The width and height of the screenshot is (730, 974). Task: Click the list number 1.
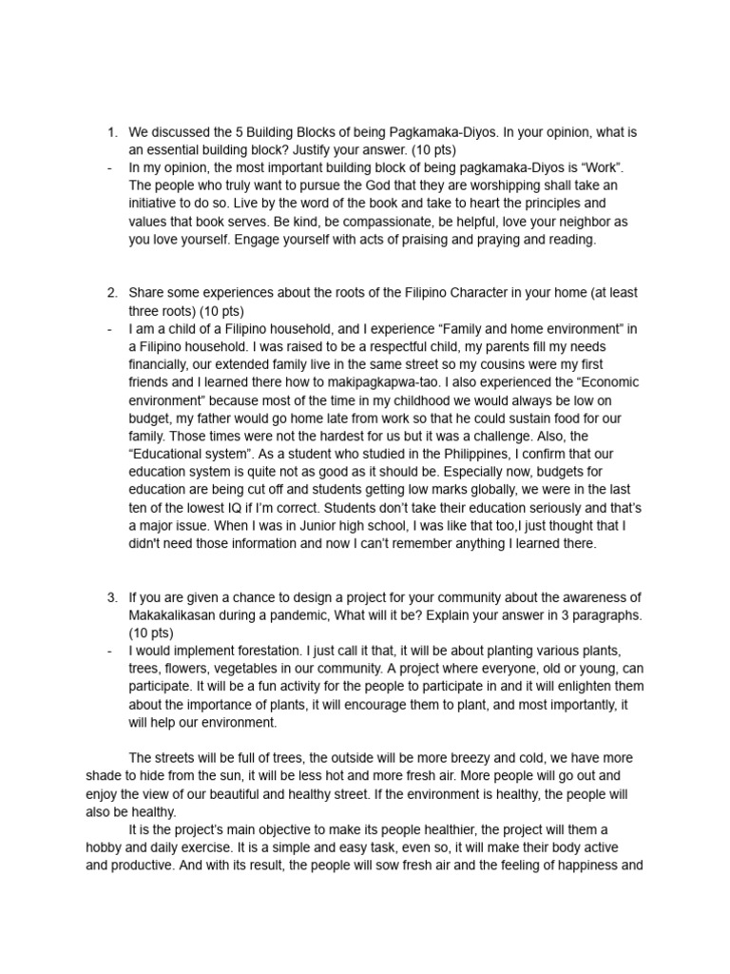click(111, 132)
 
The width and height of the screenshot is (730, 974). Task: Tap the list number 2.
click(111, 292)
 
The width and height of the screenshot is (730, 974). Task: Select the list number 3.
click(111, 597)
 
